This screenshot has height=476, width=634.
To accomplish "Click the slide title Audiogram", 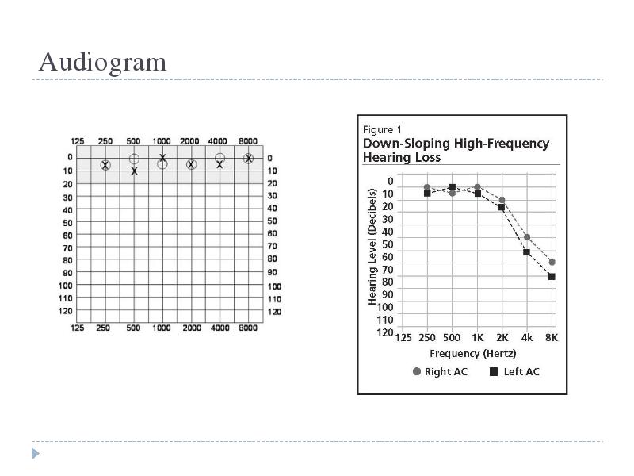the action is click(x=103, y=63).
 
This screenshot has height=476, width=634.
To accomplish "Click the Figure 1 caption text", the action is click(x=382, y=130).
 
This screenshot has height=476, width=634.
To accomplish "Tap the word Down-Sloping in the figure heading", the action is click(x=407, y=144).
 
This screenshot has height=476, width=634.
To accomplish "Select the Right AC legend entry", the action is click(x=440, y=371).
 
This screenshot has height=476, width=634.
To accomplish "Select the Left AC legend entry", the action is click(x=514, y=371).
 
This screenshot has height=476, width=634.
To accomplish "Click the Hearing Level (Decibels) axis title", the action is click(x=372, y=247).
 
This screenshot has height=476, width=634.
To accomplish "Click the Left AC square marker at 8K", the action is click(x=552, y=277).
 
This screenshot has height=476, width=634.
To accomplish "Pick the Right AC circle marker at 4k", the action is click(x=527, y=237).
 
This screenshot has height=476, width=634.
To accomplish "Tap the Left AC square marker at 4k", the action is click(x=526, y=252).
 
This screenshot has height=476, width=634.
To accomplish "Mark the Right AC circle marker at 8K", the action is click(x=552, y=263).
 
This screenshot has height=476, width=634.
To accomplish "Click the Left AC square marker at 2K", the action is click(x=502, y=207).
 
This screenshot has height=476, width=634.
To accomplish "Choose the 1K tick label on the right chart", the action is click(x=478, y=338).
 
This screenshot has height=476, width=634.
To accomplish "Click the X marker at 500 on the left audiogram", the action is click(x=134, y=171).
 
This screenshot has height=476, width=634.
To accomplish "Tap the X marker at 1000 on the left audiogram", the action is click(x=162, y=157).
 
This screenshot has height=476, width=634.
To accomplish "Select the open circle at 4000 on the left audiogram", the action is click(x=220, y=158).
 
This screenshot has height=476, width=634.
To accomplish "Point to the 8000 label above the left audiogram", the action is click(x=248, y=141).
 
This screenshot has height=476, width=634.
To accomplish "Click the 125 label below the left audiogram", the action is click(x=77, y=328).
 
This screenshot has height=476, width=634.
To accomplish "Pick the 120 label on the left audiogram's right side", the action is click(x=274, y=312).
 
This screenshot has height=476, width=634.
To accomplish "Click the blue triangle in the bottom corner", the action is click(x=35, y=453).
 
